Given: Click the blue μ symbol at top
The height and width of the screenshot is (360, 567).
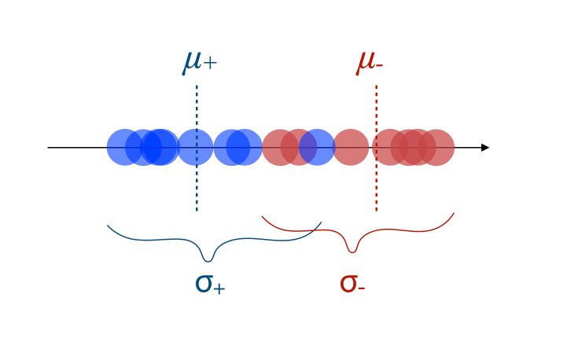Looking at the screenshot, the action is [192, 63].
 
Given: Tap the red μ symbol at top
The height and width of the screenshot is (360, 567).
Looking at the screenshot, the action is [366, 63].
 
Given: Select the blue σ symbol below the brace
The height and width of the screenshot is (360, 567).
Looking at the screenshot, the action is [204, 284].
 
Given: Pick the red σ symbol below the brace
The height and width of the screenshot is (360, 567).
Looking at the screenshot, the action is [348, 284].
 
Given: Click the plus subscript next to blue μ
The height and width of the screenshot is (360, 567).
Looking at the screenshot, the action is [210, 63].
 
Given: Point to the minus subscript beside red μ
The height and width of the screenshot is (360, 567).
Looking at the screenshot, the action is [379, 65].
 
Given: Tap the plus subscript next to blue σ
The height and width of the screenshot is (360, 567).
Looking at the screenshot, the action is [219, 288].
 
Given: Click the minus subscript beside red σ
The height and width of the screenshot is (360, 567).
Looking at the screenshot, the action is [361, 288].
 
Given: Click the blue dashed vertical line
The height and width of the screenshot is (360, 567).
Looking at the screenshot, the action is [197, 149].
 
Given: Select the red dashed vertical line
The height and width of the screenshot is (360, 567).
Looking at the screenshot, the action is [377, 149].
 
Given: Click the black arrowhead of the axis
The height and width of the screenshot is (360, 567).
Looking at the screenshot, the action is [485, 148].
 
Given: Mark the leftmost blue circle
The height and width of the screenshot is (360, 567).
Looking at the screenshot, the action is [125, 147].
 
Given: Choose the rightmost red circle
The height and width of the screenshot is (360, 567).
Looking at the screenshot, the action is [436, 147].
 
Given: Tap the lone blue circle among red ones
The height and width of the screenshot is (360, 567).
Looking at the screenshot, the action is [317, 147].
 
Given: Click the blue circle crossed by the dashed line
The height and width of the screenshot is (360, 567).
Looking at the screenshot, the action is [195, 147].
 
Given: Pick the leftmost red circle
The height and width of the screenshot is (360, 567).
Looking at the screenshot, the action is [280, 147].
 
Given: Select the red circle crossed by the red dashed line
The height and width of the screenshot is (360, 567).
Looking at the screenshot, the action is [390, 147].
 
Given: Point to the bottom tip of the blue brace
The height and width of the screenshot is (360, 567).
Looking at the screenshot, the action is [208, 261].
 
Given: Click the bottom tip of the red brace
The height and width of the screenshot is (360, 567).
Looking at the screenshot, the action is [352, 252].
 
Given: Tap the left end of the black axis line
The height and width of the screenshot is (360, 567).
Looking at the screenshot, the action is [48, 148].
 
